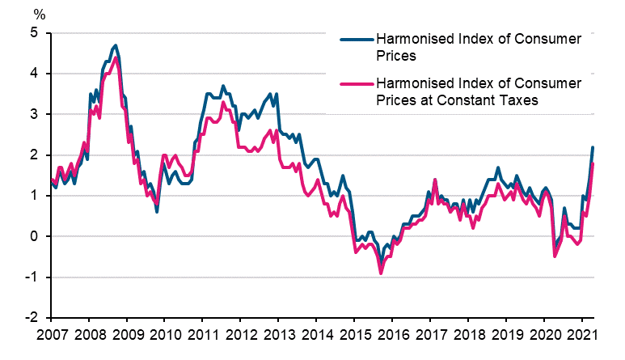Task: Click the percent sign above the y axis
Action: [x=38, y=14]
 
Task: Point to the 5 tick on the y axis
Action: [x=34, y=33]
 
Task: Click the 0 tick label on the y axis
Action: [x=34, y=236]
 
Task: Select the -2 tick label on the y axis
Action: [x=31, y=318]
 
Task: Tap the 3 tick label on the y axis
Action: [x=34, y=114]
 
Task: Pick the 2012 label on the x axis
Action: [x=240, y=335]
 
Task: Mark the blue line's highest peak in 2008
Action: [x=116, y=45]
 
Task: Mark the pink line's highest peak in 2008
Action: [x=116, y=57]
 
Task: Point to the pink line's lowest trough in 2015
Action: [x=381, y=273]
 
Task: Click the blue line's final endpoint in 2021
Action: [x=593, y=147]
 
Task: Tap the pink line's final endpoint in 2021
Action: [x=593, y=163]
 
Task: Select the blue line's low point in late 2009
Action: [x=157, y=212]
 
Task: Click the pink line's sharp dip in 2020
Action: [x=555, y=256]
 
